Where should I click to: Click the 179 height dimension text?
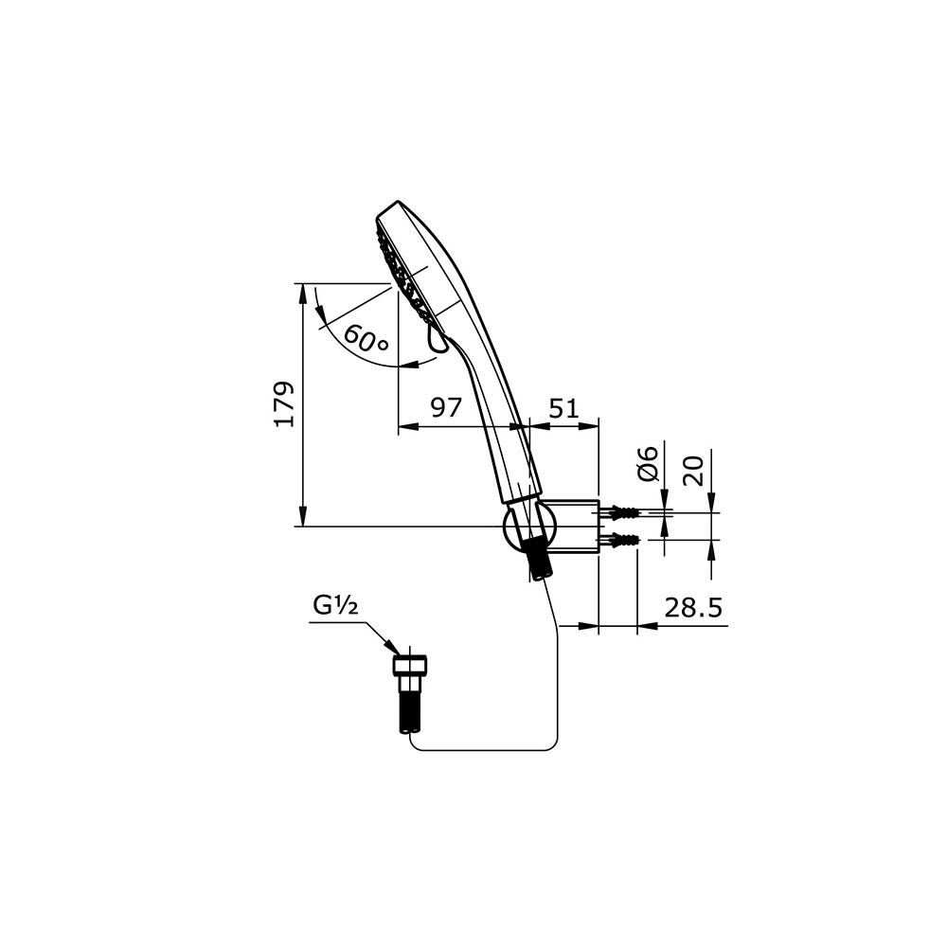click(284, 404)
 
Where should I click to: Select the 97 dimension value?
click(446, 407)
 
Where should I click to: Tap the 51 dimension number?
click(563, 408)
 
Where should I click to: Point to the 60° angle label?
click(366, 339)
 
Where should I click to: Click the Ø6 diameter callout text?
click(647, 464)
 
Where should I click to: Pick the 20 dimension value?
click(694, 471)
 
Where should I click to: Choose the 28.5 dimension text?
click(693, 608)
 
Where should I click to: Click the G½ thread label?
click(335, 605)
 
